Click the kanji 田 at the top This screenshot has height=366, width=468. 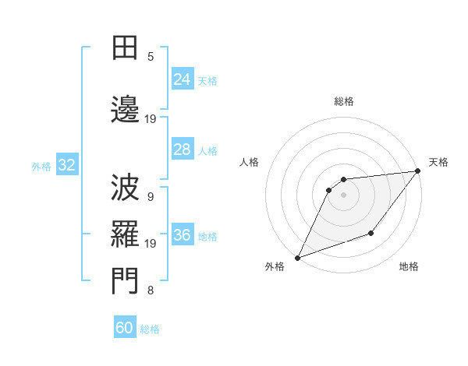coord(125,48)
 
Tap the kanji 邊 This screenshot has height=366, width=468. coord(125,108)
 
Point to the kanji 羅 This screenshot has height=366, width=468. coord(125,232)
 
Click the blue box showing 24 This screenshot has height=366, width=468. coord(182,79)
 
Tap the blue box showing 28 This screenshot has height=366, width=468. coord(182,150)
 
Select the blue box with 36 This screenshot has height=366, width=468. coord(182,236)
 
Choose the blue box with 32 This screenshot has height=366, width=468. coord(66,165)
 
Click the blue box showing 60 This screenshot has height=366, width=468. coord(125,328)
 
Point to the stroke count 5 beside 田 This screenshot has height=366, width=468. coord(151,57)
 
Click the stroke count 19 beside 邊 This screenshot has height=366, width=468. coord(151,119)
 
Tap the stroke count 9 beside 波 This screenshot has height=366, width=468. coord(151,197)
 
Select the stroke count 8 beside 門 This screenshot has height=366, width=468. coord(151,291)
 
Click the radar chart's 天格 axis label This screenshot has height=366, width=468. coord(438,162)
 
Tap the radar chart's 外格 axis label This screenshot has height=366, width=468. coord(275,267)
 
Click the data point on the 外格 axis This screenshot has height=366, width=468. coord(297,257)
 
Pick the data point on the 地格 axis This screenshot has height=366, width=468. coord(372,233)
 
